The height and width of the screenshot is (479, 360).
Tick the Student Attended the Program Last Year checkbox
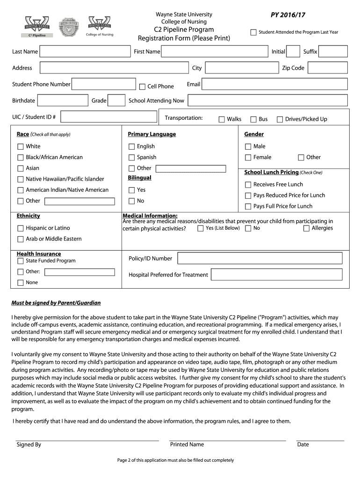coord(253,32)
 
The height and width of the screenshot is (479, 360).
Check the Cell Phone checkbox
coord(143,87)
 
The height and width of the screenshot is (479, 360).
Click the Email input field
coord(275,84)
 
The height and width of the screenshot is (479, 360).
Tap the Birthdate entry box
coord(63,101)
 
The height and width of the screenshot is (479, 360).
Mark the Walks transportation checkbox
coord(222,119)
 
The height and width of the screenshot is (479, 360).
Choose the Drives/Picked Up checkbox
coord(280,119)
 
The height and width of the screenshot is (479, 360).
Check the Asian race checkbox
coord(21,168)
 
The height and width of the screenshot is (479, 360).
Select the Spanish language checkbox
coord(132,158)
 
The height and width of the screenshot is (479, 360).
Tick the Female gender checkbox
coord(248,158)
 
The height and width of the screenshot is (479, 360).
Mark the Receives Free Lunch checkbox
coord(248,185)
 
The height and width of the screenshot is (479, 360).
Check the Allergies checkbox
coord(307,228)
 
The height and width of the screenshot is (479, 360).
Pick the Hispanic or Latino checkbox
coord(21,228)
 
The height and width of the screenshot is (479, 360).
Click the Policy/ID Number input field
coord(260,258)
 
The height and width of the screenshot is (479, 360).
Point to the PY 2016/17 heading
coord(288,15)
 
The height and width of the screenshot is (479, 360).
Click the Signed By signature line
coord(87,440)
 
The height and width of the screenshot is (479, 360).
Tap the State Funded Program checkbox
coord(21,261)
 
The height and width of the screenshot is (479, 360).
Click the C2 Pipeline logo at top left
coord(39,27)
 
